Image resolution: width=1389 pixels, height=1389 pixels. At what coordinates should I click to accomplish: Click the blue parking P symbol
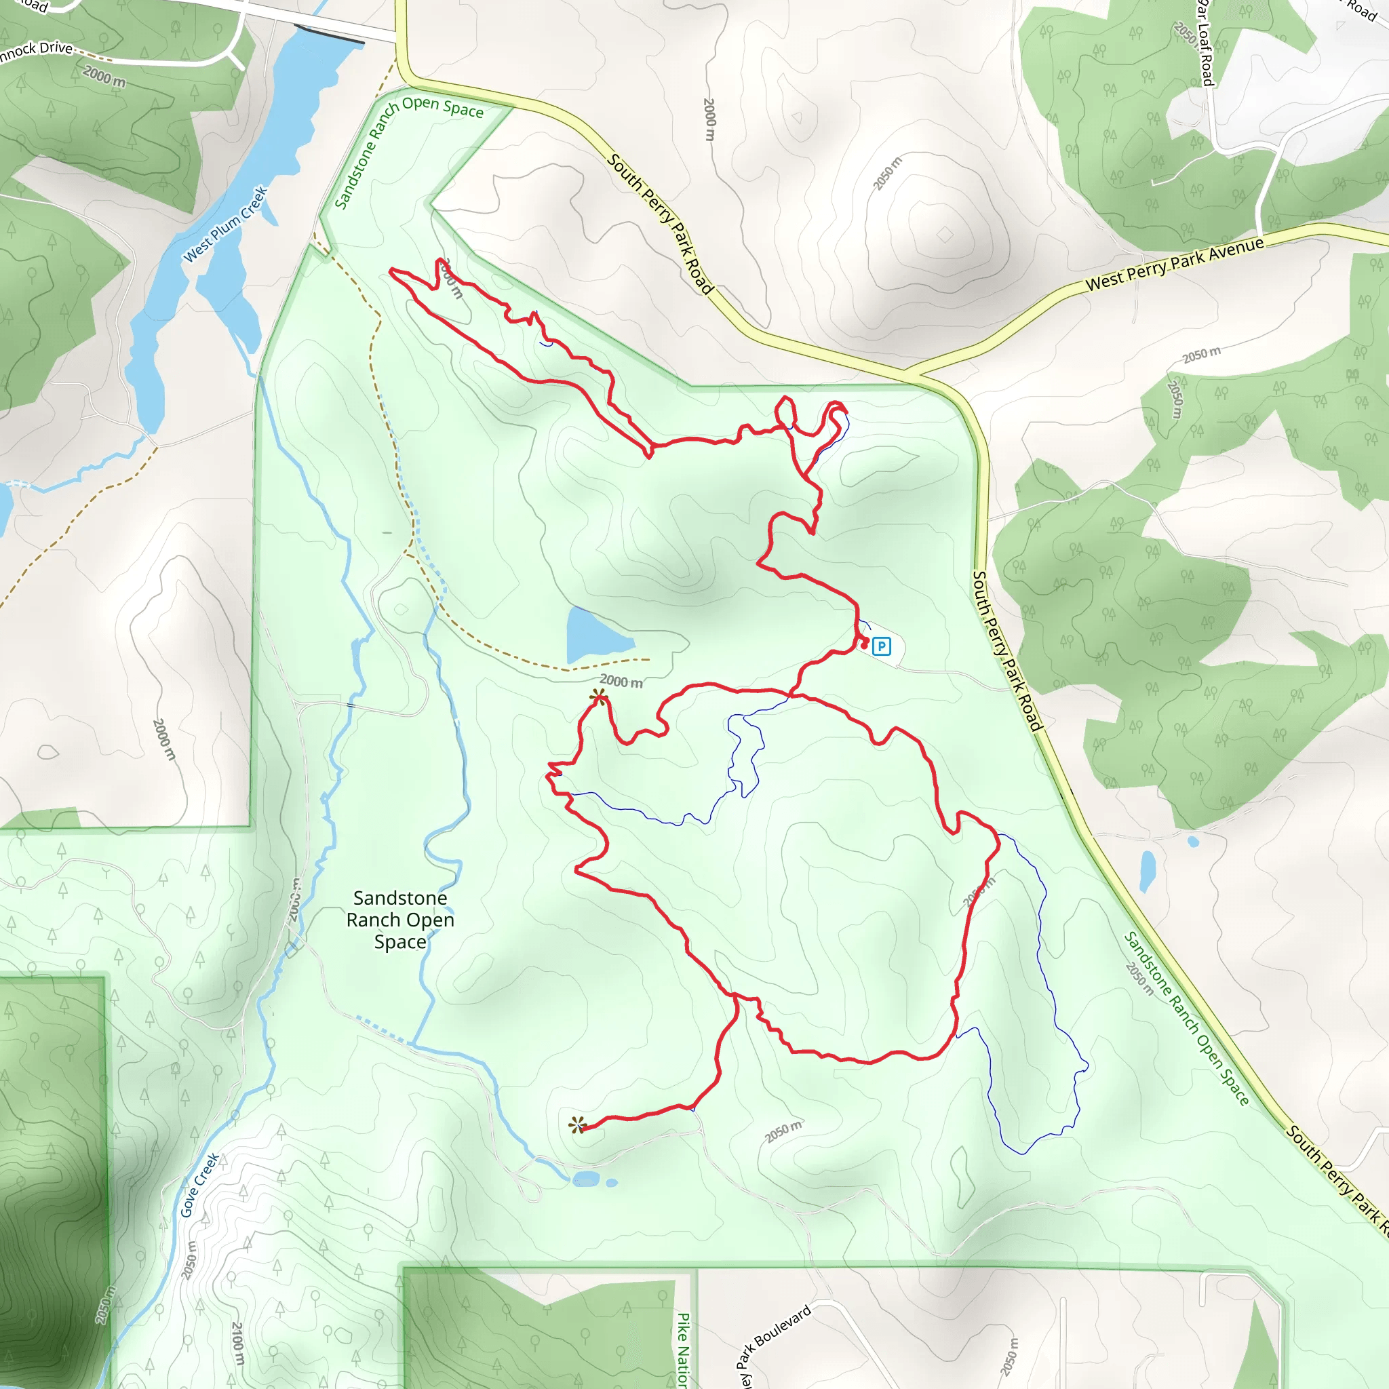[882, 646]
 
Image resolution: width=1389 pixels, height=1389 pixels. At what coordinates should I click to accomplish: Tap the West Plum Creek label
[226, 224]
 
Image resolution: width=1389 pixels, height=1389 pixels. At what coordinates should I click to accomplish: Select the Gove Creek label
[199, 1185]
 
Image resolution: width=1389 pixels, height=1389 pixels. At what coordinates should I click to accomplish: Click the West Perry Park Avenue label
[1174, 264]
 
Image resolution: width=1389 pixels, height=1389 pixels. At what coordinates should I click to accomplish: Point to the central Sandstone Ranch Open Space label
[399, 920]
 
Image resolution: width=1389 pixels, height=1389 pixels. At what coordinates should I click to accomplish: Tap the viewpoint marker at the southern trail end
[577, 1125]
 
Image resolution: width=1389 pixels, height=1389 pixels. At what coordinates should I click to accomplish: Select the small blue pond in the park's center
[594, 635]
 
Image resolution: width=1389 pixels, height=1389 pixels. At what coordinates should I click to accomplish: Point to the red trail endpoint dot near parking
[864, 645]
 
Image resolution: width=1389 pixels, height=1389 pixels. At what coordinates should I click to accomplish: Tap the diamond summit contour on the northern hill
[945, 234]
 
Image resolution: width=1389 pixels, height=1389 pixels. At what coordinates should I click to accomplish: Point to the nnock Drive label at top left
[36, 51]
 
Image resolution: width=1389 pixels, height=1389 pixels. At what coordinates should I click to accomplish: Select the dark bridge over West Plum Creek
[329, 35]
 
